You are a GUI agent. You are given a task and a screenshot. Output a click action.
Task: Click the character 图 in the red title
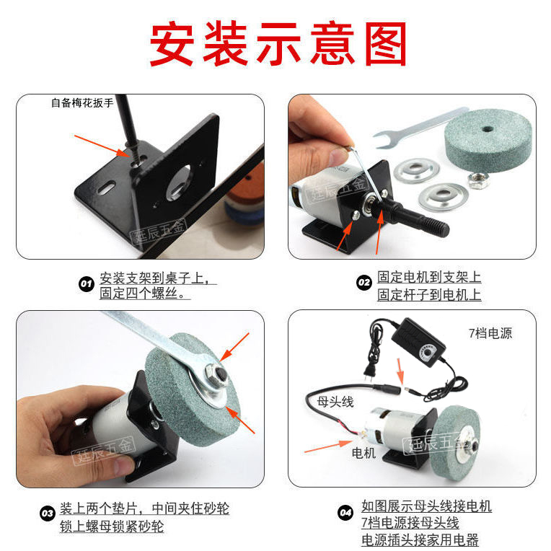(x=386, y=43)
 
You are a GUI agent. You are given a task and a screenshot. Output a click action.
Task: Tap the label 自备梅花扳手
(x=82, y=102)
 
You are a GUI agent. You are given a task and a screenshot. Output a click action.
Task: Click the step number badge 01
(x=87, y=284)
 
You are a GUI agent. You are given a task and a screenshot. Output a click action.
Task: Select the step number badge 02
(x=364, y=283)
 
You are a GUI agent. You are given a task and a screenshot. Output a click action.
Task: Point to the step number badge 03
(x=48, y=513)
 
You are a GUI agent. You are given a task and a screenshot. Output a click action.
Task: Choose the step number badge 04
(x=345, y=513)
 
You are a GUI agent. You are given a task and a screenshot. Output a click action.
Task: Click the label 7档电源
(x=490, y=333)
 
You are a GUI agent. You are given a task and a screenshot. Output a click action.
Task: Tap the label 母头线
(x=335, y=401)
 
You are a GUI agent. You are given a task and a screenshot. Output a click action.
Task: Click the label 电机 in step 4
(x=363, y=453)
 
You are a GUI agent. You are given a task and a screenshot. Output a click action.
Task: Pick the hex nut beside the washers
(x=479, y=180)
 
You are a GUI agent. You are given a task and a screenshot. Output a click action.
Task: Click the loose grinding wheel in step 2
(x=488, y=141)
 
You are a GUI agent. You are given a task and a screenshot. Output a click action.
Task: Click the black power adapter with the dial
(x=418, y=343)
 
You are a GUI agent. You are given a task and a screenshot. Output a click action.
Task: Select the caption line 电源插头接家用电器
(x=420, y=539)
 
